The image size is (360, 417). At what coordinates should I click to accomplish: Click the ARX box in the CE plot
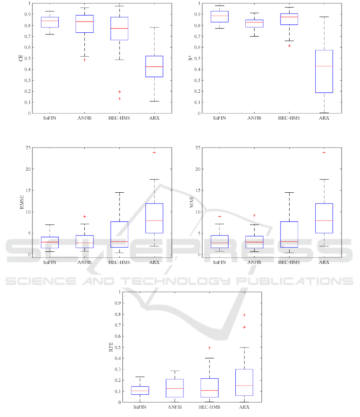pos(154,66)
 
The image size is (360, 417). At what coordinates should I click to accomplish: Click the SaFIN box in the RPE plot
pos(140,390)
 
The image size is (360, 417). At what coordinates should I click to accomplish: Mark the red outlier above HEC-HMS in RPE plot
pos(209,347)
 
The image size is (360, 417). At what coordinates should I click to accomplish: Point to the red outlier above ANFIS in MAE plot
pos(255,215)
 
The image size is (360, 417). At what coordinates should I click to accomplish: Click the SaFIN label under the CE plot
pos(50,118)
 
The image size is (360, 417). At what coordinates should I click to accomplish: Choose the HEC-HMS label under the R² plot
pos(289,118)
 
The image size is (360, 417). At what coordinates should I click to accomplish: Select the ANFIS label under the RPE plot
pos(175,407)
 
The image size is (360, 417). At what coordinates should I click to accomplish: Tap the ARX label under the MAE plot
pos(324,262)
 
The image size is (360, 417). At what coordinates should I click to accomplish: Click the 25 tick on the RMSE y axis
pos(28,148)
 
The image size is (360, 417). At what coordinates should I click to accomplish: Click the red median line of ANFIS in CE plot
pos(84,21)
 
